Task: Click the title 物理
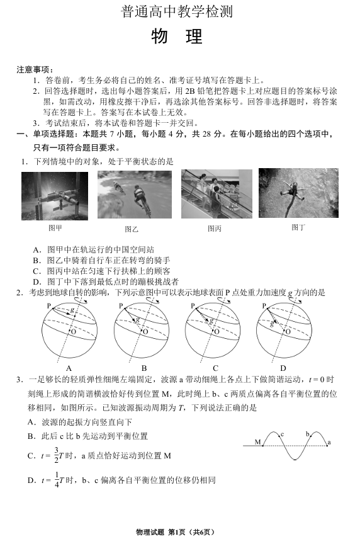(x=177, y=37)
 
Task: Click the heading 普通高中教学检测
(x=177, y=11)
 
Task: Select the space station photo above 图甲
(x=55, y=196)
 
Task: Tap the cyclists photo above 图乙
(x=135, y=195)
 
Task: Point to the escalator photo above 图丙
(x=217, y=194)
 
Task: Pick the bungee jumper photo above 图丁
(x=298, y=193)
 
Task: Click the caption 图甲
(x=55, y=228)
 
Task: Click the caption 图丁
(x=298, y=227)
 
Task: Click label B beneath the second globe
(x=144, y=368)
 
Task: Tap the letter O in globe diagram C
(x=217, y=331)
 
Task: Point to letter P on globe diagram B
(x=121, y=306)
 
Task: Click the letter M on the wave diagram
(x=258, y=441)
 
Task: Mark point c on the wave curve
(x=280, y=436)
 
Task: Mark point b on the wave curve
(x=310, y=436)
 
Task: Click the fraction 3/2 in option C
(x=56, y=455)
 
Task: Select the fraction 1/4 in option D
(x=57, y=480)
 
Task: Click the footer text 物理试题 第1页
(x=161, y=532)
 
